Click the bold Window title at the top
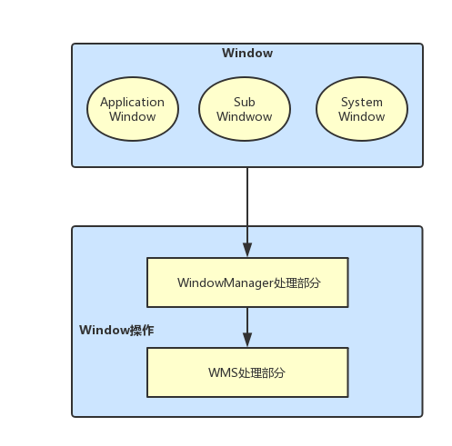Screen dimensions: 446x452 pyautogui.click(x=246, y=54)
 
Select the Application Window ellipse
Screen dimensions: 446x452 pyautogui.click(x=133, y=109)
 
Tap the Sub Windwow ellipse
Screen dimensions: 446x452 pyautogui.click(x=244, y=109)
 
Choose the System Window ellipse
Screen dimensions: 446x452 pyautogui.click(x=361, y=109)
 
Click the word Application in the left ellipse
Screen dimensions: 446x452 pyautogui.click(x=133, y=103)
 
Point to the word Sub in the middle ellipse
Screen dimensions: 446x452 pyautogui.click(x=244, y=103)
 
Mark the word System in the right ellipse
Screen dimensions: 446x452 pyautogui.click(x=361, y=103)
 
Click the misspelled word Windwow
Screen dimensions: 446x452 pyautogui.click(x=244, y=117)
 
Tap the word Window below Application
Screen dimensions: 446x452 pyautogui.click(x=133, y=117)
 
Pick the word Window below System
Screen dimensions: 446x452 pyautogui.click(x=361, y=117)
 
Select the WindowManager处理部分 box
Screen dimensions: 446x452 pyautogui.click(x=247, y=282)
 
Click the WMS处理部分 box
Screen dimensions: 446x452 pyautogui.click(x=247, y=372)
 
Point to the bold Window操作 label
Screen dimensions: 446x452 pyautogui.click(x=116, y=330)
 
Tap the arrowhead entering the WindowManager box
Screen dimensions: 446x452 pyautogui.click(x=247, y=251)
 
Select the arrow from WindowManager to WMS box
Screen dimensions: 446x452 pyautogui.click(x=247, y=323)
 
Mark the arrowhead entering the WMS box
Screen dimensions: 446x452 pyautogui.click(x=247, y=341)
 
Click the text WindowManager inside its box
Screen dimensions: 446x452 pyautogui.click(x=226, y=282)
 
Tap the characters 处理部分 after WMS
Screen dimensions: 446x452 pyautogui.click(x=263, y=372)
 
